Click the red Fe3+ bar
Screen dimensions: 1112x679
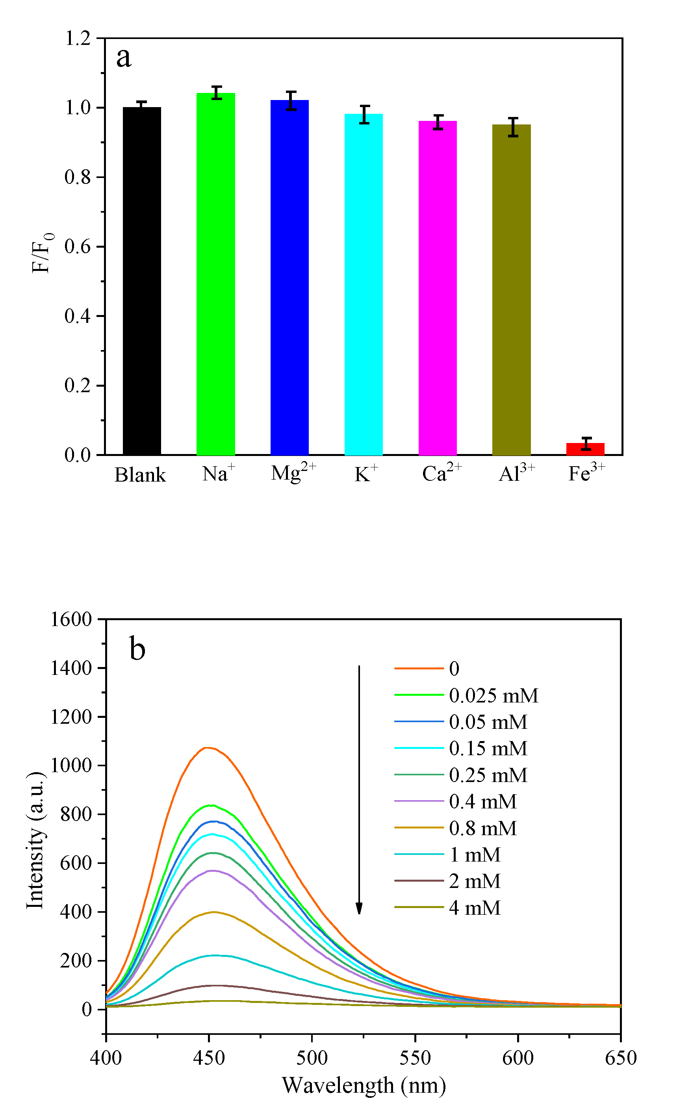pyautogui.click(x=585, y=449)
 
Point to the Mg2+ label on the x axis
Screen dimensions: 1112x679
pyautogui.click(x=293, y=473)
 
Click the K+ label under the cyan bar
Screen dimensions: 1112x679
pyautogui.click(x=365, y=473)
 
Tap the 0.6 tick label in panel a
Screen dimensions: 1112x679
pyautogui.click(x=78, y=246)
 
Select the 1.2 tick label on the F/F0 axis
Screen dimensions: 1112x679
pyautogui.click(x=78, y=38)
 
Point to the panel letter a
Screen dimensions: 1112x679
pyautogui.click(x=124, y=58)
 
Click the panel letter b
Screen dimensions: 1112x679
pyautogui.click(x=137, y=649)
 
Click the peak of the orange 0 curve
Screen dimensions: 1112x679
pyautogui.click(x=207, y=748)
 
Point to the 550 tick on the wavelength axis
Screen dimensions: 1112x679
pyautogui.click(x=415, y=1057)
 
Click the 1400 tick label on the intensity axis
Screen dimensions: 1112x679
pyautogui.click(x=71, y=668)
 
